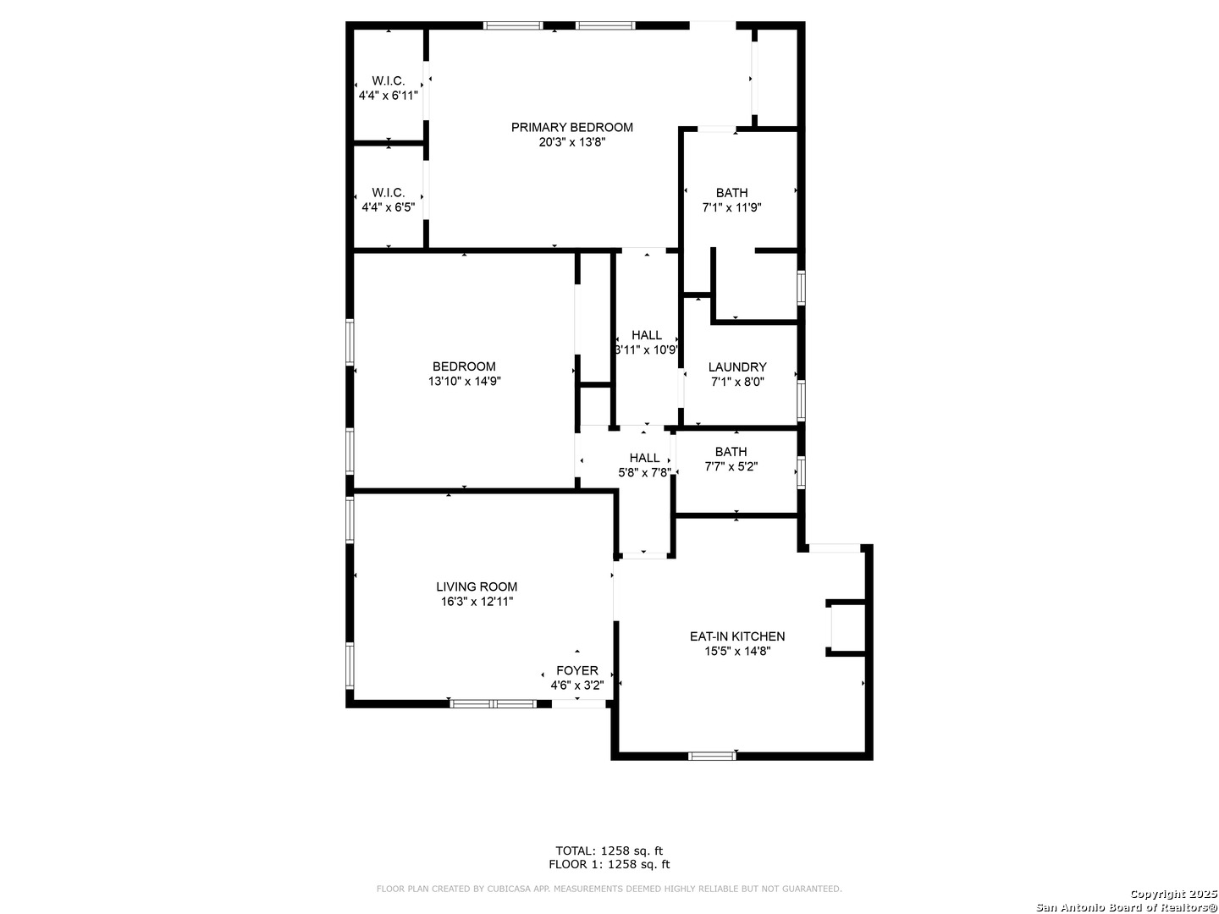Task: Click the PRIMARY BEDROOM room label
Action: coord(571,127)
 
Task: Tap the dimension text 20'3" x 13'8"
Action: coord(571,142)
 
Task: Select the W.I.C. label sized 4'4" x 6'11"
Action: coord(388,81)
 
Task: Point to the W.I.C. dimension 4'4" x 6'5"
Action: coord(388,207)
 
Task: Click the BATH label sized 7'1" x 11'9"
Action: coord(731,193)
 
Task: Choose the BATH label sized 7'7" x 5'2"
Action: coord(731,452)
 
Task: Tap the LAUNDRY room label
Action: coord(737,366)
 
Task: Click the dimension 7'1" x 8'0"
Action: coord(737,382)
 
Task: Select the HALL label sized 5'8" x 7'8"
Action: coord(644,458)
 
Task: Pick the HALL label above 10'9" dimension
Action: coord(647,335)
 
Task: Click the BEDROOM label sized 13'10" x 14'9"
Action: coord(464,366)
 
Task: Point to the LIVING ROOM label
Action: coord(477,586)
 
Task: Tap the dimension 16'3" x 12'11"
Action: coord(477,602)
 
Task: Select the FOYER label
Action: coord(577,670)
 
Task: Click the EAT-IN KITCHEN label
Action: coord(737,636)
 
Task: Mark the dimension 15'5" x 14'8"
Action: coord(737,652)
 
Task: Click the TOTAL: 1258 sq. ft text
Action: coord(609,851)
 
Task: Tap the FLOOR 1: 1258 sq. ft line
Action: coord(609,864)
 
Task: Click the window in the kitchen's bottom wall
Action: coord(712,756)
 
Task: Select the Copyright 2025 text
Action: coord(1172,894)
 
